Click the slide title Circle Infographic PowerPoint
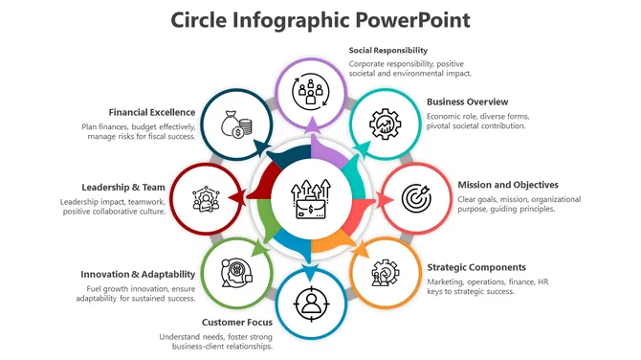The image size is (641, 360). point(320,20)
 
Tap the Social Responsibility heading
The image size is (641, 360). point(388,50)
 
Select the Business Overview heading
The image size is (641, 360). point(467,101)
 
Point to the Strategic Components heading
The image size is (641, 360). point(475,267)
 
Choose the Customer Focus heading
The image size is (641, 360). point(237,322)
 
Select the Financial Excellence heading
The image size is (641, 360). point(152,112)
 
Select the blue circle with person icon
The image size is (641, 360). point(310,303)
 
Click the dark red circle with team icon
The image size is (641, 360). point(205,199)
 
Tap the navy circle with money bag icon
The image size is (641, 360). point(235,125)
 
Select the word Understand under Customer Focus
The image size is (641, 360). point(180,336)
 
